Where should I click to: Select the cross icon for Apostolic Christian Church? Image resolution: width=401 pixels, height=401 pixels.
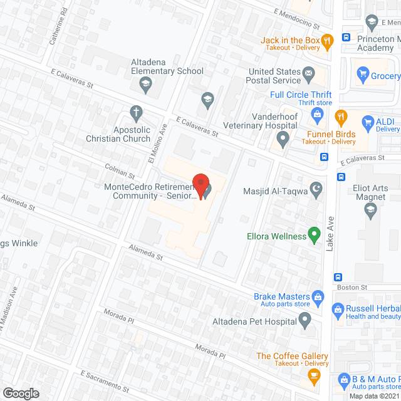(135, 113)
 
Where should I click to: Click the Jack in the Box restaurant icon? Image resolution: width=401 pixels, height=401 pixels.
(326, 43)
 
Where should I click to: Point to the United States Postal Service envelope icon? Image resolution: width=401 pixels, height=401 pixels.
(309, 76)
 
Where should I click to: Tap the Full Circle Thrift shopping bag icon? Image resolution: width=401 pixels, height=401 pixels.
(317, 114)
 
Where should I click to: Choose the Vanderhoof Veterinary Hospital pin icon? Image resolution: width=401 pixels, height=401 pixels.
(283, 138)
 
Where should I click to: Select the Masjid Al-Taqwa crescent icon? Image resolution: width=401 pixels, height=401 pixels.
(317, 188)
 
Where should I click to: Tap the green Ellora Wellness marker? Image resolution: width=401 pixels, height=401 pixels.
(315, 236)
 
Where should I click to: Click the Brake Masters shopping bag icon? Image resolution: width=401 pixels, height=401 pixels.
(318, 296)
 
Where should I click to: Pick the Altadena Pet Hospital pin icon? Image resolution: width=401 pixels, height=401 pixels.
(305, 321)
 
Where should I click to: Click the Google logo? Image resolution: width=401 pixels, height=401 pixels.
(21, 393)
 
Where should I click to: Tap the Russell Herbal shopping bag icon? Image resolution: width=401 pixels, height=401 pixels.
(338, 308)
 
